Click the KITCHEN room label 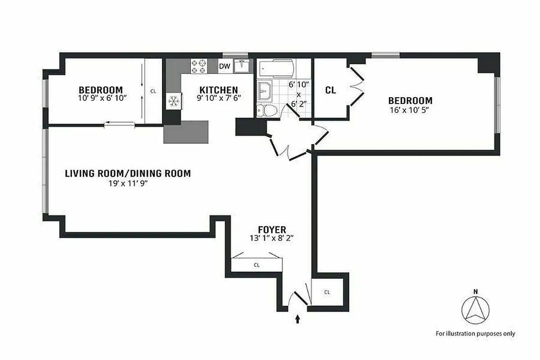pos(219,90)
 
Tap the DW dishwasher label pos(225,67)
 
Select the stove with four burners pos(198,66)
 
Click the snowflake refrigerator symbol pos(173,101)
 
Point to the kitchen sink pos(242,66)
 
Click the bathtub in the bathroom pos(276,69)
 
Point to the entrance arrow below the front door pos(297,319)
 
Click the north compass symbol pos(475,310)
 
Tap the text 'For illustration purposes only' pos(475,333)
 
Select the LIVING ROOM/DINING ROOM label pos(128,173)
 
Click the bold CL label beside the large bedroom pos(330,90)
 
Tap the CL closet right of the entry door pos(327,292)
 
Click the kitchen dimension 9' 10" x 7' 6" pos(219,98)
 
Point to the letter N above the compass pos(475,292)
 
